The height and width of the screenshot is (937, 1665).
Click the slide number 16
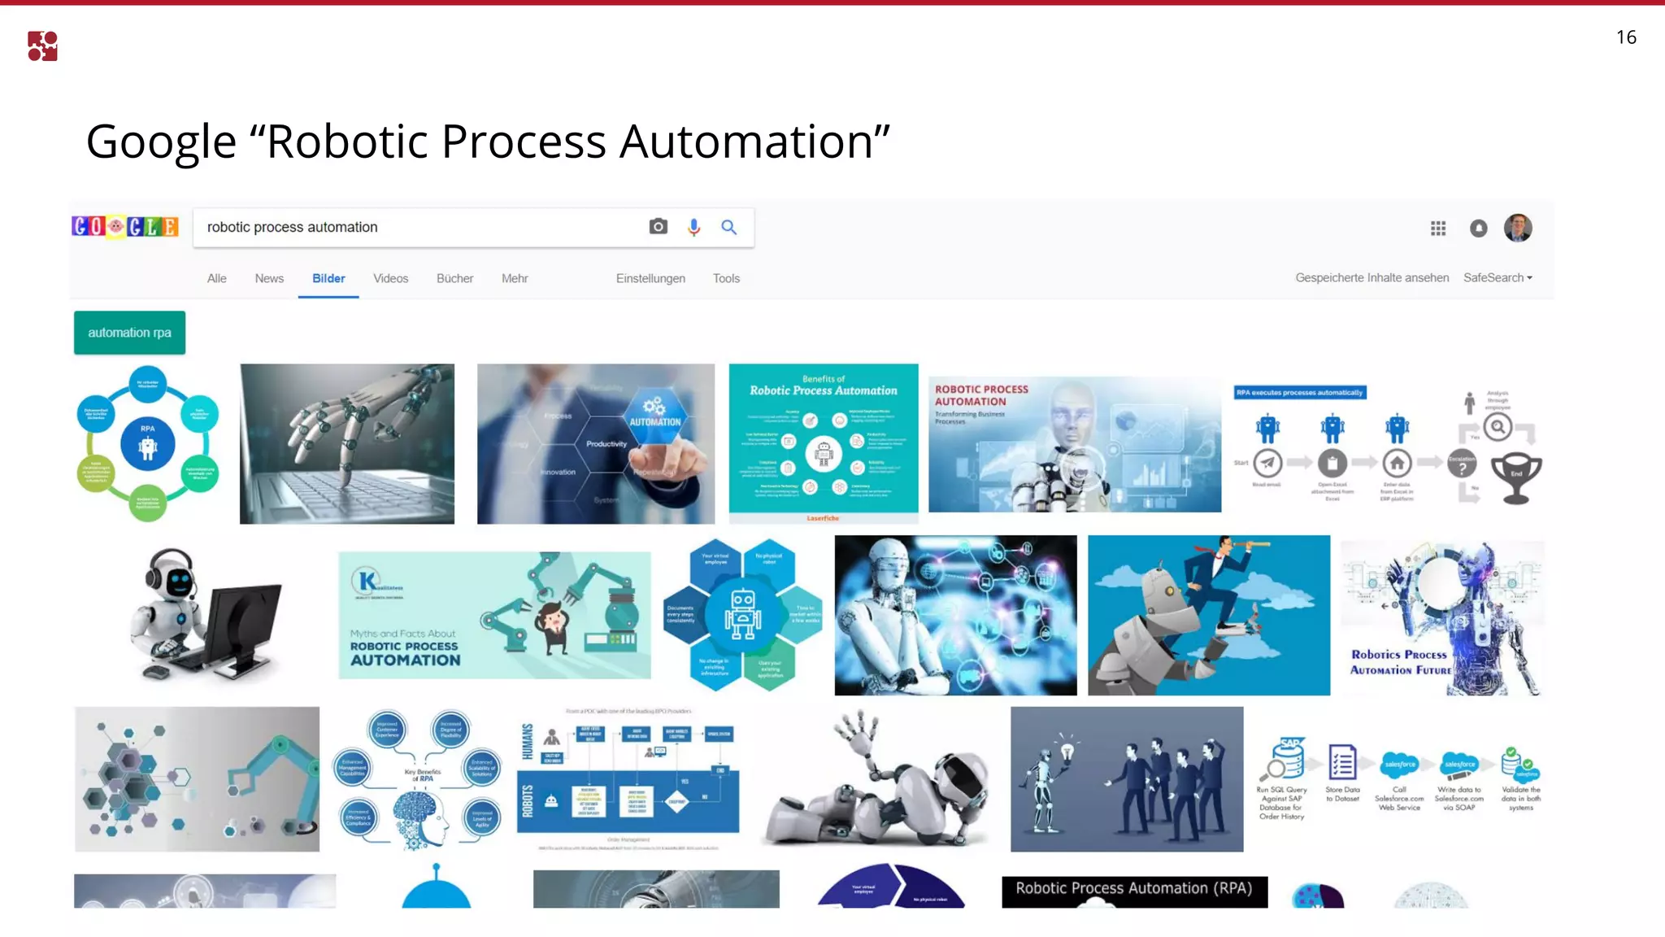click(1626, 37)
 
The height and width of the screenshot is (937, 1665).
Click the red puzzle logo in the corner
click(42, 46)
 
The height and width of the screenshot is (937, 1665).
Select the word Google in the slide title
click(161, 142)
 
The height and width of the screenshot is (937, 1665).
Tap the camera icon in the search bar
click(659, 227)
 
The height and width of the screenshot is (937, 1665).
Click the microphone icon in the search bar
click(693, 228)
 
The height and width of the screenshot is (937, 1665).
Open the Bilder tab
click(328, 278)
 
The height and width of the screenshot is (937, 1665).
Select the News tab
click(269, 278)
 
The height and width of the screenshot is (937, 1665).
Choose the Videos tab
click(390, 278)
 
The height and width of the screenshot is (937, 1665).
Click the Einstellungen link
click(650, 278)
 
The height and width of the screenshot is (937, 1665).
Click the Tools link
click(726, 278)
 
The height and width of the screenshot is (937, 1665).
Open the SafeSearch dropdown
click(1498, 277)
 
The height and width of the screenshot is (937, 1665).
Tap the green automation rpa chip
click(129, 333)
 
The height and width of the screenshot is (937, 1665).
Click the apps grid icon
click(1438, 229)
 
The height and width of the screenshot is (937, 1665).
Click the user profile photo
click(1518, 228)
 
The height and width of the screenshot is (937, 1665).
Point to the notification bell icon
click(1479, 229)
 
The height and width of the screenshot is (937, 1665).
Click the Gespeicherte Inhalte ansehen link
click(1372, 277)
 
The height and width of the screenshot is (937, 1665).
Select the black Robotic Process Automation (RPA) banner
click(1134, 889)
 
